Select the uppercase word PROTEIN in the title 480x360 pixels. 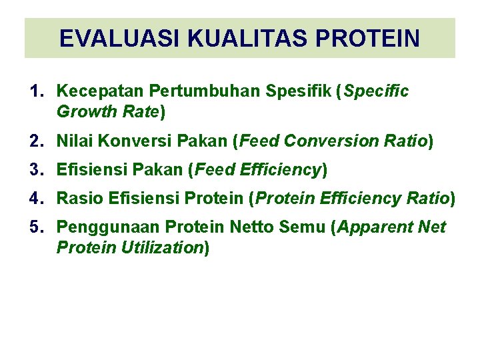[x=367, y=39]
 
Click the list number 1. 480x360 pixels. [x=35, y=91]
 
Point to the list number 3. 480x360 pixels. [x=36, y=170]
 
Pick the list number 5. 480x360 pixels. [x=36, y=227]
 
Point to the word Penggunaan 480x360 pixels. [x=107, y=227]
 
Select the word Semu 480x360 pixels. [x=303, y=227]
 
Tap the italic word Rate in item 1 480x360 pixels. [x=139, y=111]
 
